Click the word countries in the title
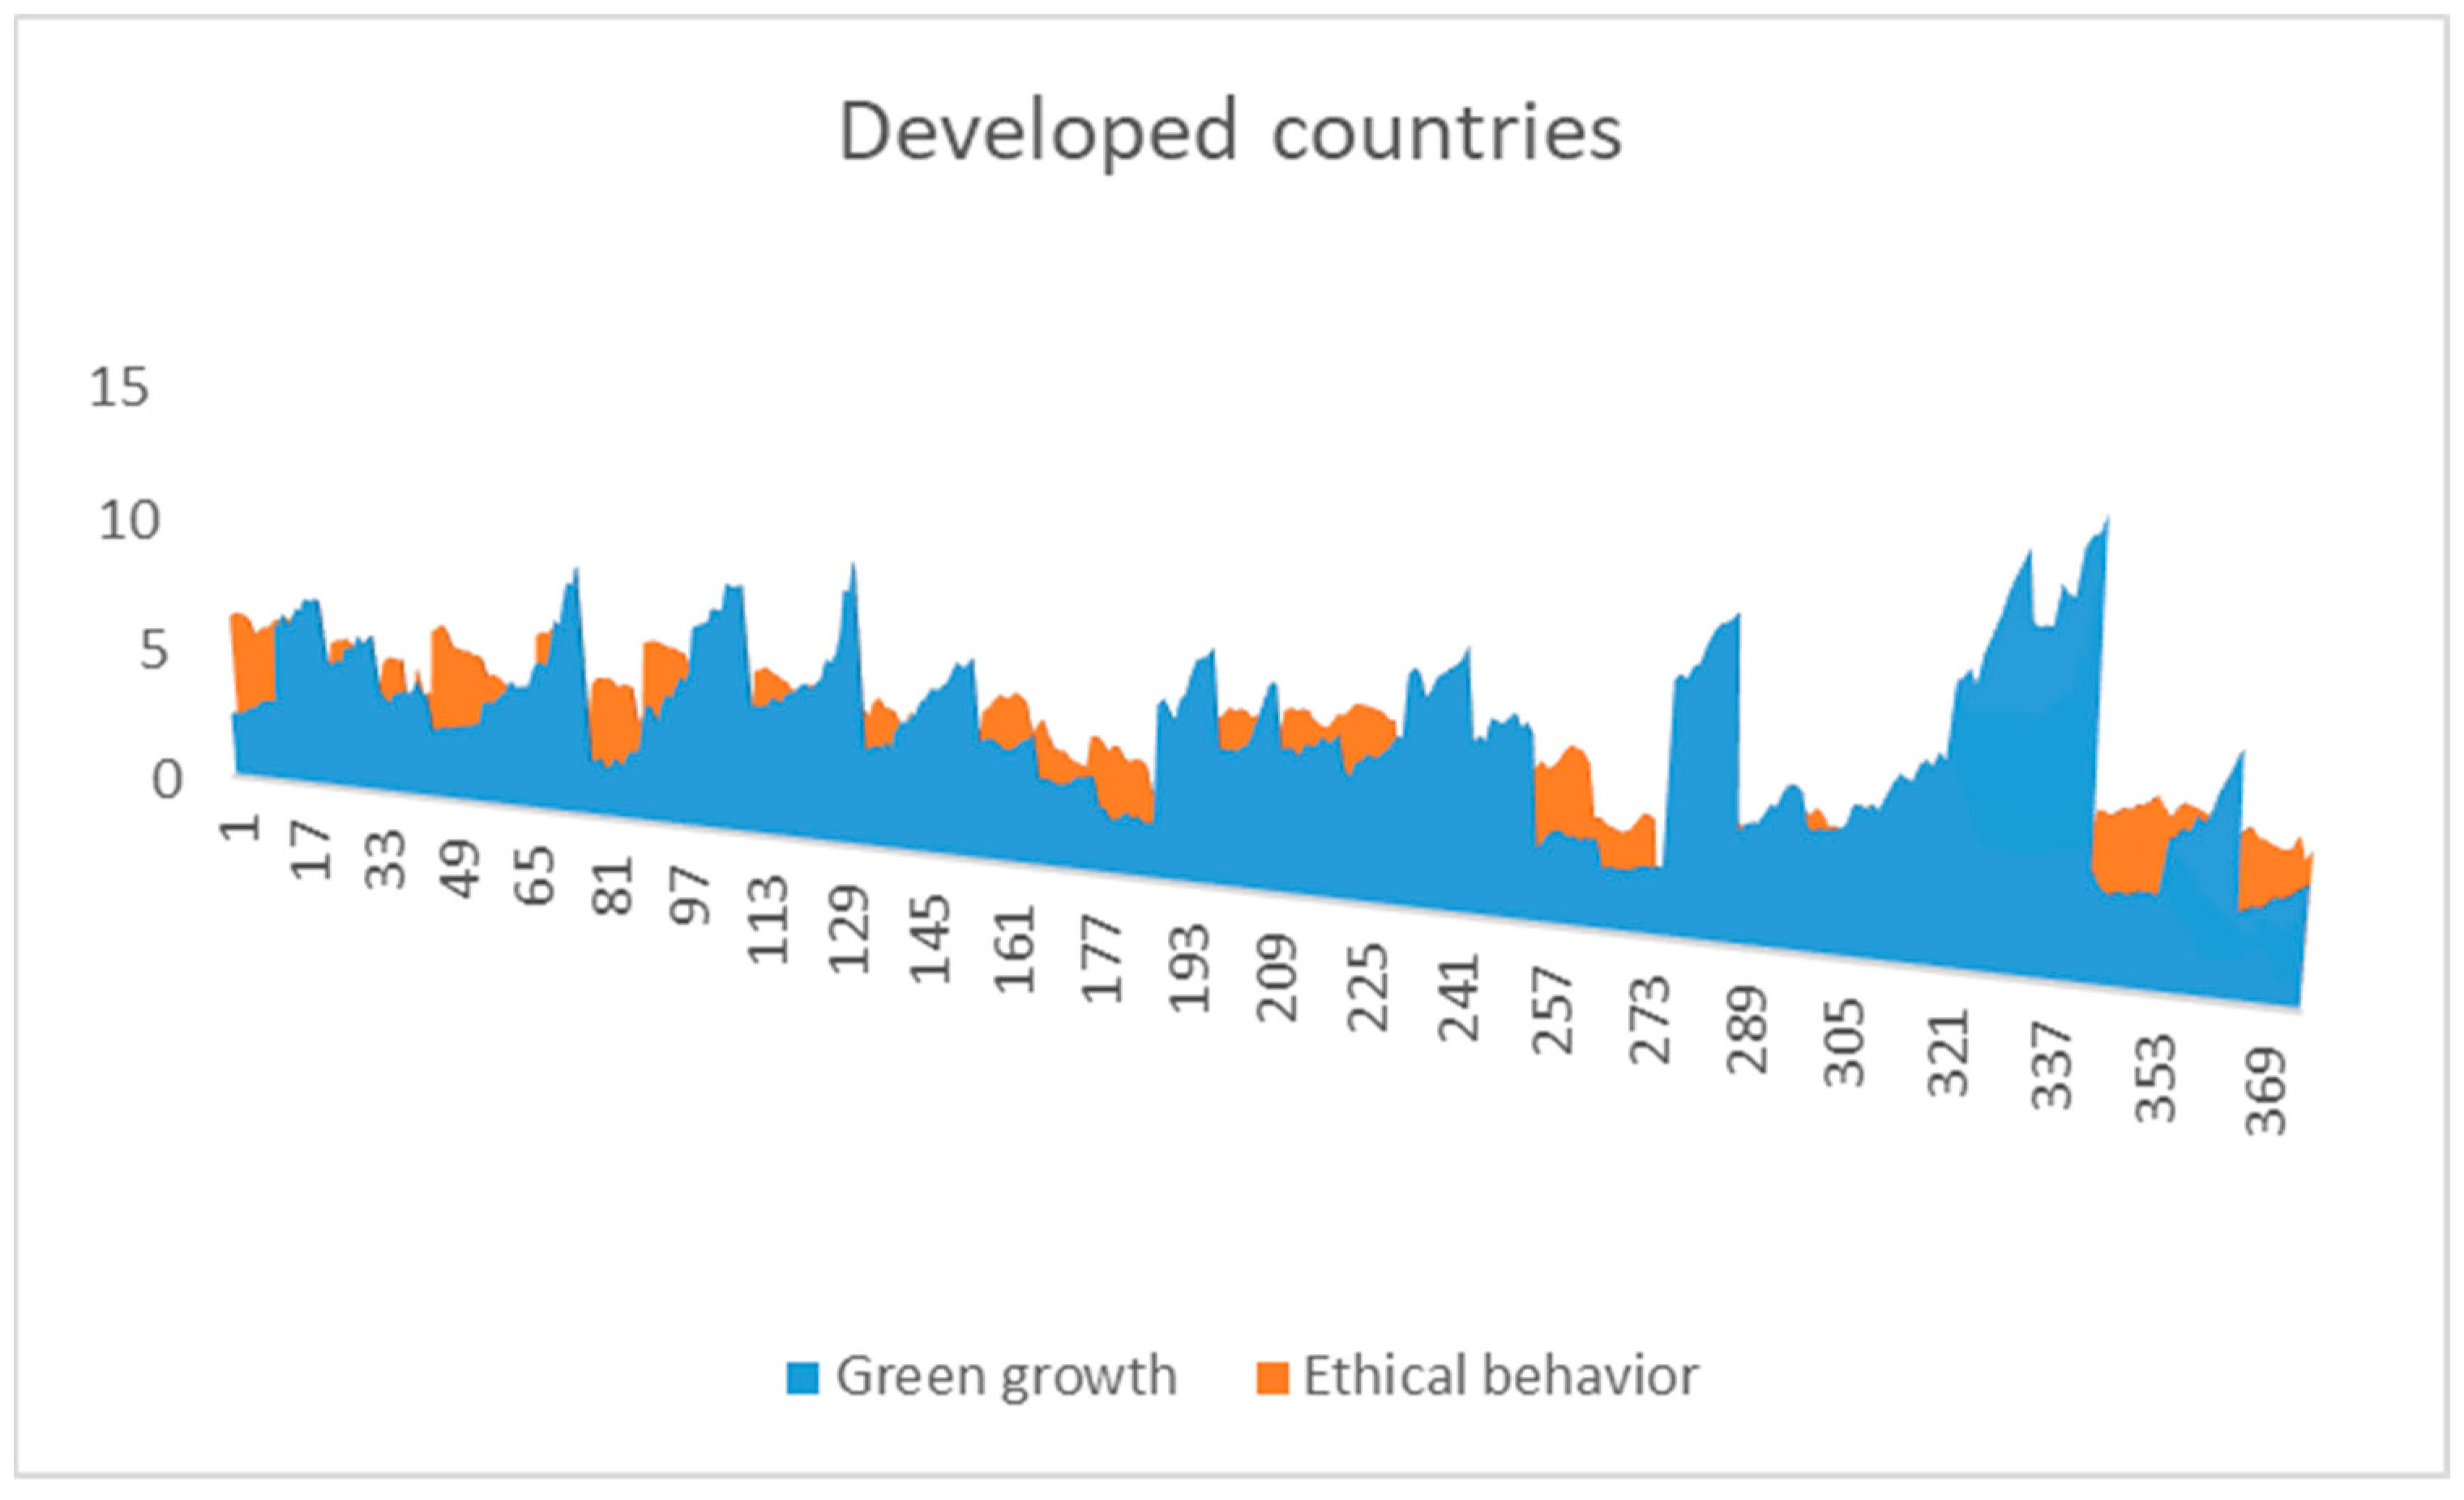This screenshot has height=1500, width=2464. [x=1446, y=133]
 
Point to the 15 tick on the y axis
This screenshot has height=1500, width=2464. [x=119, y=387]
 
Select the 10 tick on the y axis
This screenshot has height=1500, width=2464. [x=128, y=521]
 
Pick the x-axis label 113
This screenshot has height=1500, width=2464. [x=768, y=920]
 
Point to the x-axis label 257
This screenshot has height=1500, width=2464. [x=1553, y=1010]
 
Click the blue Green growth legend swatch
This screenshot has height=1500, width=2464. [x=803, y=1377]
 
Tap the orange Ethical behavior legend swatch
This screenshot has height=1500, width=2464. [x=1272, y=1377]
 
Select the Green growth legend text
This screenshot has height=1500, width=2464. [x=1006, y=1377]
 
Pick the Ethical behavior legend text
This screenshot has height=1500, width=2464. [x=1500, y=1377]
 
